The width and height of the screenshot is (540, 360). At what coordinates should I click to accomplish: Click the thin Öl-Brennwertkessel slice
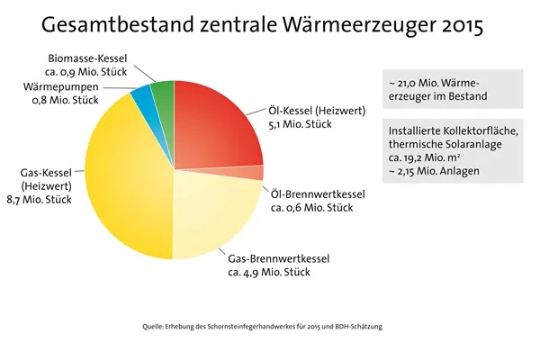(256, 173)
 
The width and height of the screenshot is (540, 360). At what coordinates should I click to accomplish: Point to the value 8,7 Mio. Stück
(42, 199)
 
